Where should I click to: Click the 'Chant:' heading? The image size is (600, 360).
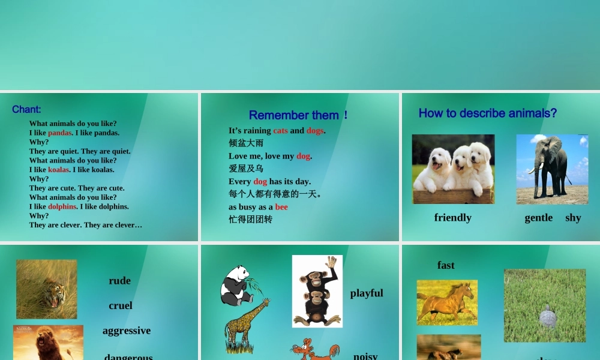coord(26,109)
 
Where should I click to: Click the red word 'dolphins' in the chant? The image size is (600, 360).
coord(62,206)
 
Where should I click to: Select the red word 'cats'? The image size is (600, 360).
coord(280,130)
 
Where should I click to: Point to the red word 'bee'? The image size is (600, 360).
coord(281,207)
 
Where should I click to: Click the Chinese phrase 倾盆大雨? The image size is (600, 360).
coord(246,143)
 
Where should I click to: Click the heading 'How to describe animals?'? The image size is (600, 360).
coord(487,113)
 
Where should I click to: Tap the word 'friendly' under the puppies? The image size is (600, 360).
coord(452,218)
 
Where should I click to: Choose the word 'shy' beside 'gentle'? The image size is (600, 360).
coord(573,218)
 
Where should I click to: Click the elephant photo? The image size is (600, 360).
coord(552,169)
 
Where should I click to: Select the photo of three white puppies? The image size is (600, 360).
coord(453,169)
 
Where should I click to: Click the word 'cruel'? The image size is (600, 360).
coord(121,305)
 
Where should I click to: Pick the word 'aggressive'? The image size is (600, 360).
coord(127,331)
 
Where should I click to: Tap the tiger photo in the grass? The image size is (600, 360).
coord(47,289)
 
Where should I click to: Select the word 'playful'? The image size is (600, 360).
coord(367,293)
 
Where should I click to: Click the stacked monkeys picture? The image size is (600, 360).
coord(317,291)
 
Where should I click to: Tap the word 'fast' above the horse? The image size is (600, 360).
coord(446,265)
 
